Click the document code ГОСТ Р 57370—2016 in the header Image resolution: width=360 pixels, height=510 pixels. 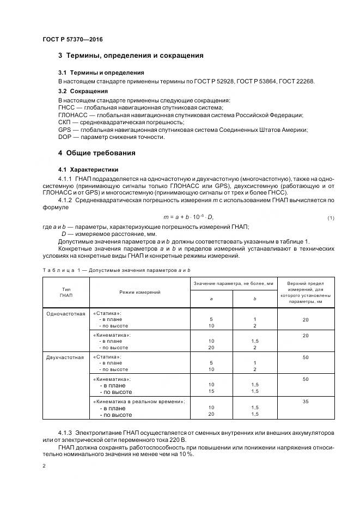(72, 40)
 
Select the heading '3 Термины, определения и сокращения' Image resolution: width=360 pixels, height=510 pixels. (131, 56)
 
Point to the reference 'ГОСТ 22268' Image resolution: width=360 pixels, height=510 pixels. (296, 81)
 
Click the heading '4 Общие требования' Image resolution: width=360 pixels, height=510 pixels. (97, 153)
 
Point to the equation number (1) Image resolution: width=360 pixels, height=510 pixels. (330, 218)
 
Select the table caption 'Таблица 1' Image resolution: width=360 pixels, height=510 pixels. (60, 270)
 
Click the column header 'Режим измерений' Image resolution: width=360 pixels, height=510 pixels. (139, 293)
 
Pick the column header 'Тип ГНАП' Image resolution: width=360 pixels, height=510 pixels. (66, 292)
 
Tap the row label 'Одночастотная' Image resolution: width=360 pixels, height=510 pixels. (66, 314)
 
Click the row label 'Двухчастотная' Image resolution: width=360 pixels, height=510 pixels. (66, 357)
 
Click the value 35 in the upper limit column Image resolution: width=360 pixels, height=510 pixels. (306, 401)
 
